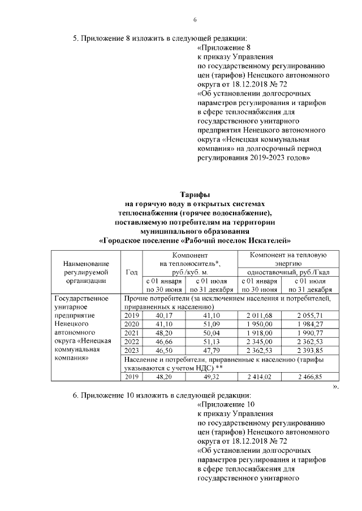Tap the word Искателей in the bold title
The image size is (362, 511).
pyautogui.click(x=269, y=240)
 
